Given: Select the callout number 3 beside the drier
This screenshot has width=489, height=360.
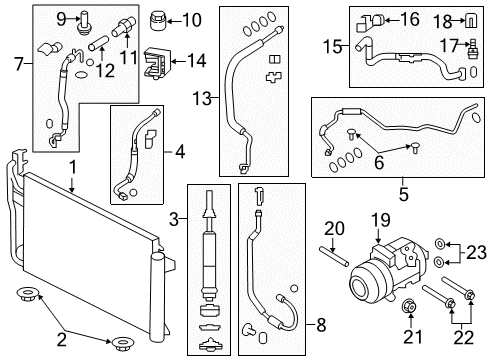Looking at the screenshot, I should click(174, 220).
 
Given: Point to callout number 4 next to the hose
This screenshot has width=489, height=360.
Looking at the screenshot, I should click(179, 153).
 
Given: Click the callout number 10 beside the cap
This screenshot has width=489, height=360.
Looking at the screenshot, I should click(191, 18).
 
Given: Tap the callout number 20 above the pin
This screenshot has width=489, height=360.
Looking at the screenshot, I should click(333, 229).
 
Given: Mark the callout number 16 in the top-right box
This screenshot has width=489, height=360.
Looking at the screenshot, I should click(410, 19).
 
